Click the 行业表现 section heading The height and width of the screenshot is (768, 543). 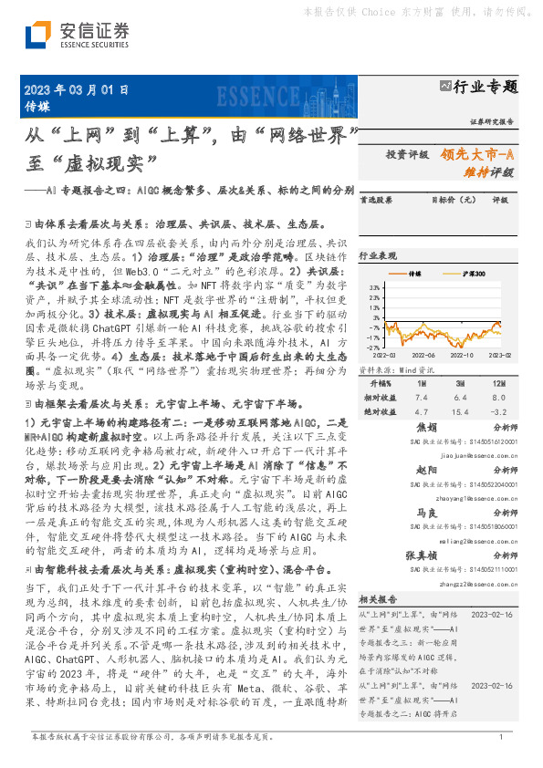[x=376, y=256]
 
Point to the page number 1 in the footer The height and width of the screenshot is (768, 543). [x=501, y=736]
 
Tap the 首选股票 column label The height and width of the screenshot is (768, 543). [x=376, y=198]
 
